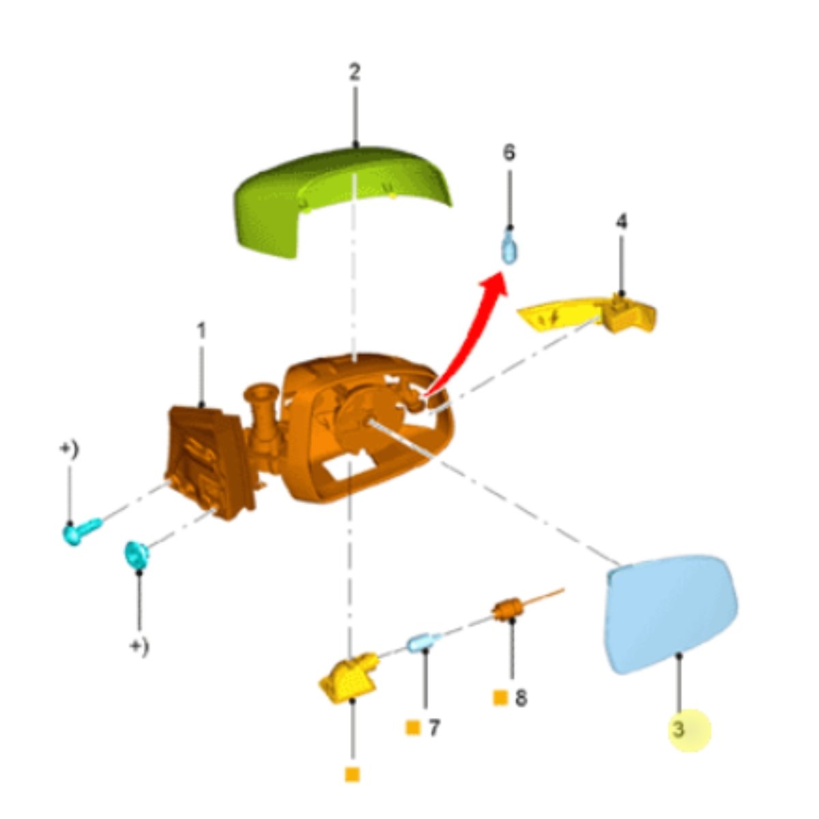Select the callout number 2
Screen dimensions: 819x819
(x=354, y=72)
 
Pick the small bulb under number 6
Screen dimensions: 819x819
(x=509, y=247)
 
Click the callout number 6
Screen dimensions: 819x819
(x=509, y=152)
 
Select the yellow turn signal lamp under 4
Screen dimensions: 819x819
(x=591, y=315)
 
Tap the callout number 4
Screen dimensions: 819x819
(x=621, y=221)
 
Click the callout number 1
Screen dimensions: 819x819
(x=201, y=330)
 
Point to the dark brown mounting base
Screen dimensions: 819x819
(x=208, y=461)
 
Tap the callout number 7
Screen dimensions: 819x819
(x=434, y=728)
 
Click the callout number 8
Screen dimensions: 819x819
(x=521, y=698)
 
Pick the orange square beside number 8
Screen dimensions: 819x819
(x=500, y=698)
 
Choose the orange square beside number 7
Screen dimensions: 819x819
(x=413, y=728)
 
